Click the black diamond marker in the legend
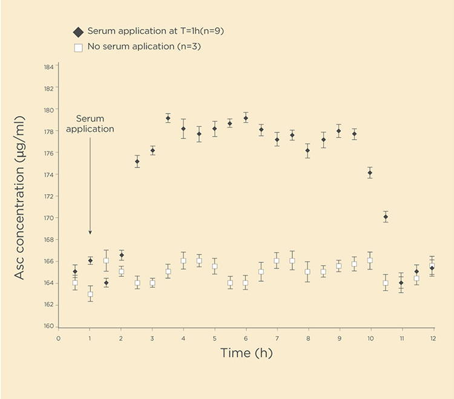(77, 31)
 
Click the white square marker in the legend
(77, 47)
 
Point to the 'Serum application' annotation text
(90, 124)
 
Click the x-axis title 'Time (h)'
(246, 352)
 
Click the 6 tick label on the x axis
(246, 338)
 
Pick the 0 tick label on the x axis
(59, 338)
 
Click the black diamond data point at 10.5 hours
(386, 217)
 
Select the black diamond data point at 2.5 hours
(137, 161)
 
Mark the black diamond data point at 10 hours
(370, 173)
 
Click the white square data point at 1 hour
(90, 295)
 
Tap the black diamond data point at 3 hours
(153, 151)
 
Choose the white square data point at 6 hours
(246, 283)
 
